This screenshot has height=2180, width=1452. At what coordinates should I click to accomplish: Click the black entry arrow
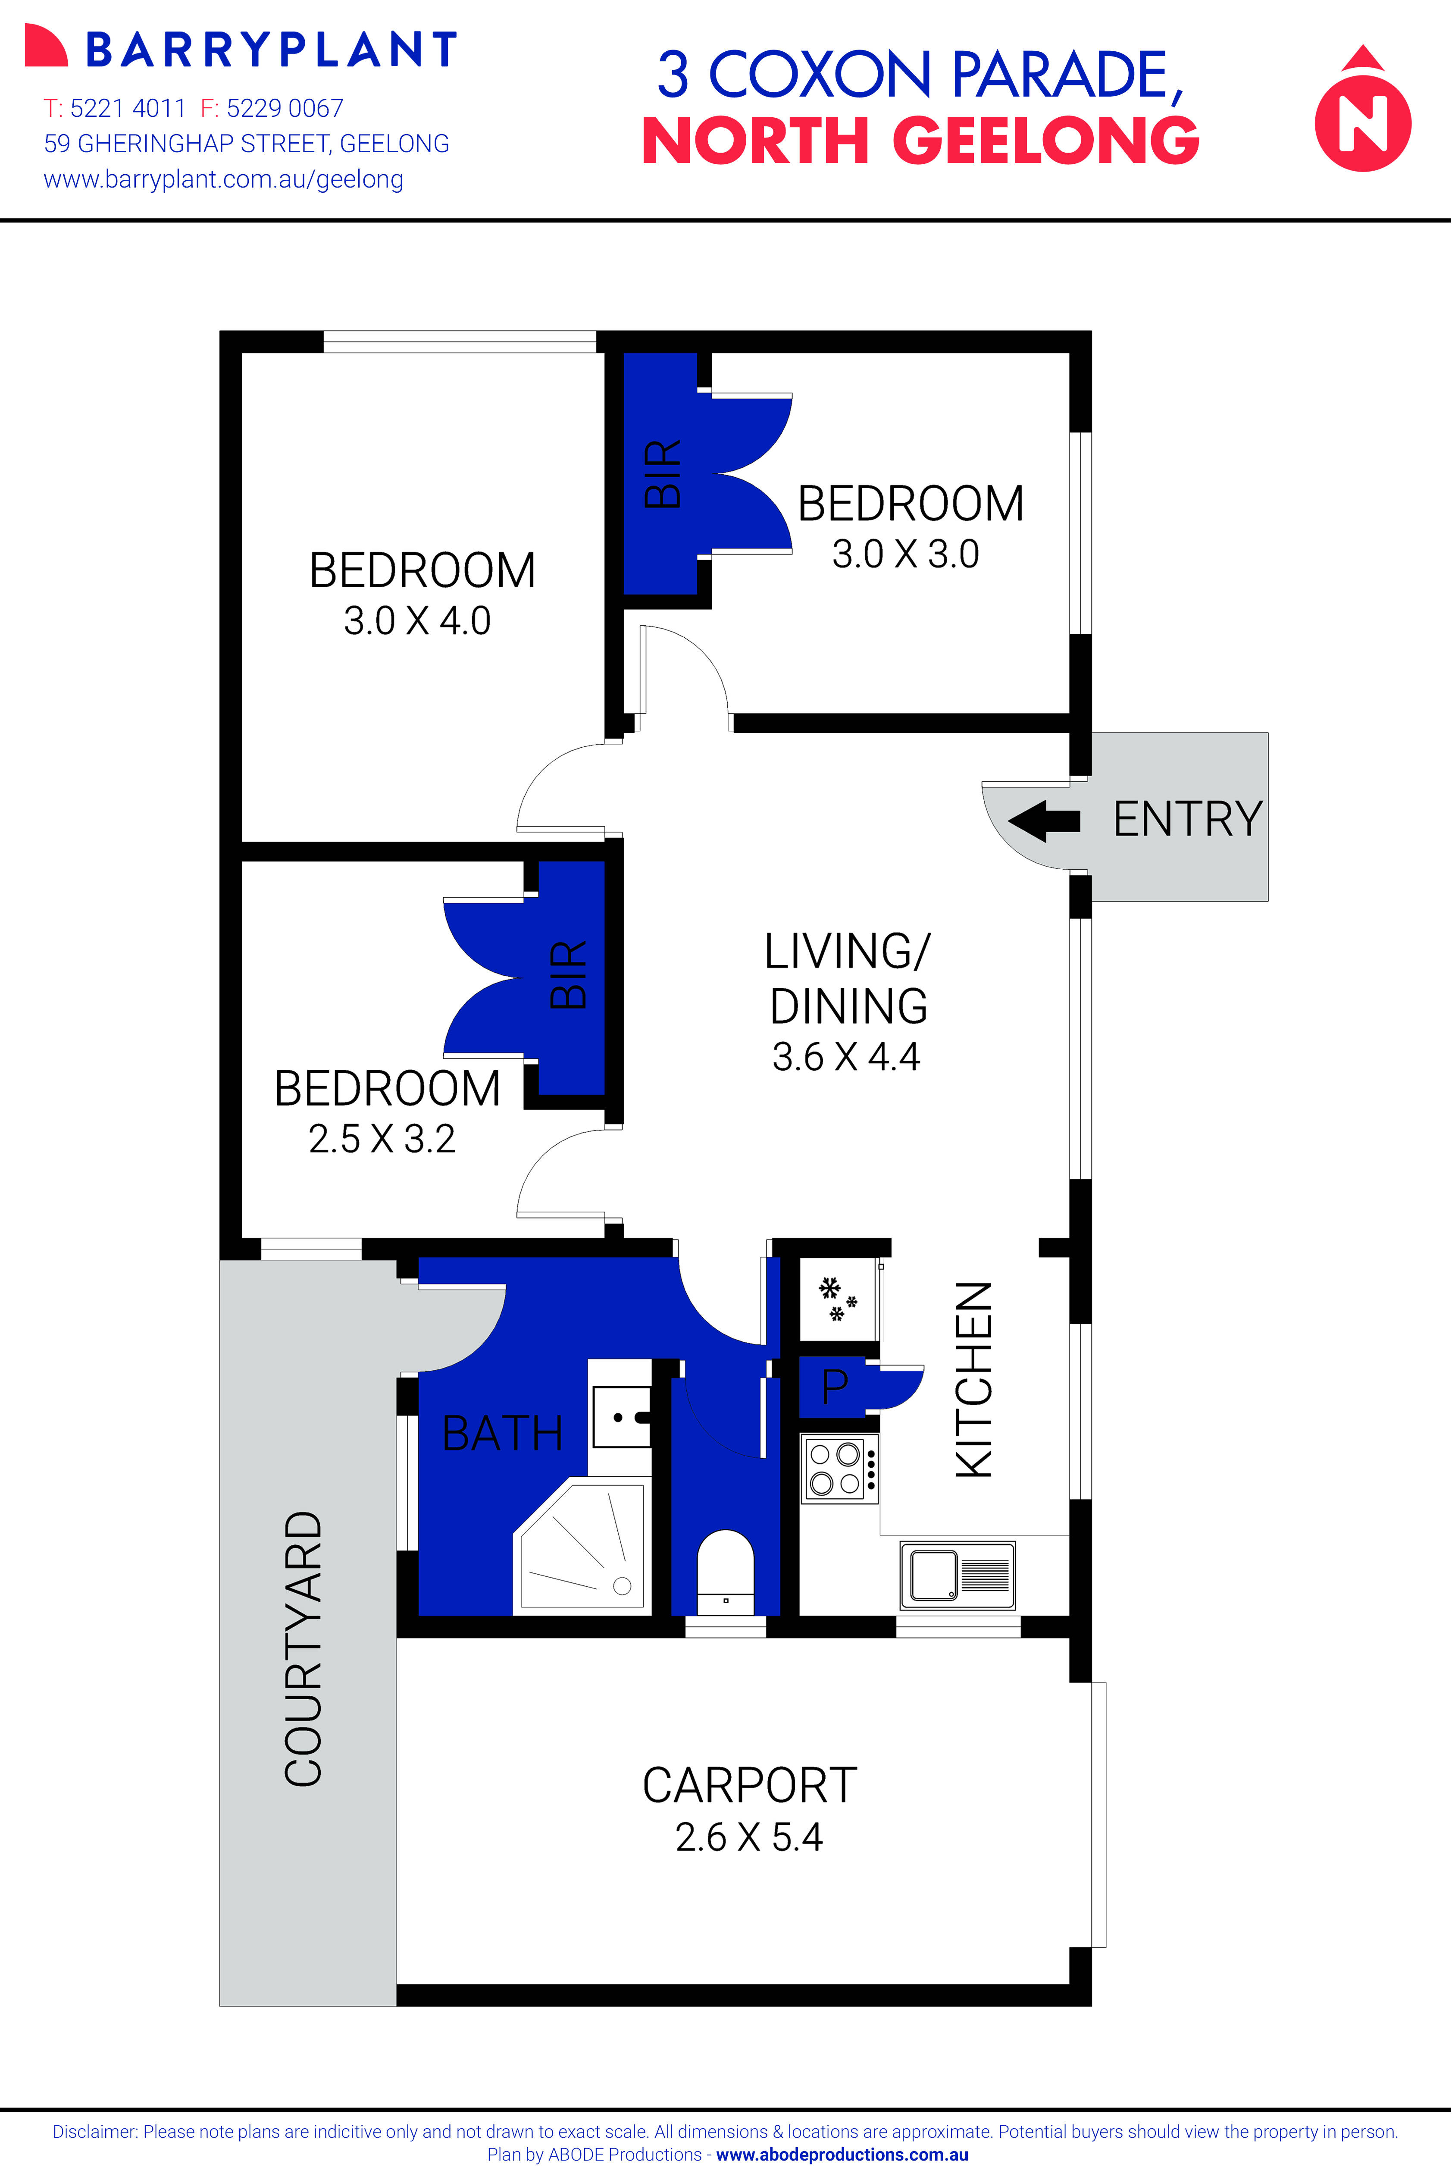(1044, 821)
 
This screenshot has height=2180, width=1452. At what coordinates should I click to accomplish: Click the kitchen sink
(958, 1574)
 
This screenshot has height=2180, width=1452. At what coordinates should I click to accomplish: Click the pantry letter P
(834, 1386)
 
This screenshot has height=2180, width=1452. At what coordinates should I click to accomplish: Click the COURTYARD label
(303, 1648)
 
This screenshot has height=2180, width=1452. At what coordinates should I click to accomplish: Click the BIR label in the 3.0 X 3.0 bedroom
(663, 474)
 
